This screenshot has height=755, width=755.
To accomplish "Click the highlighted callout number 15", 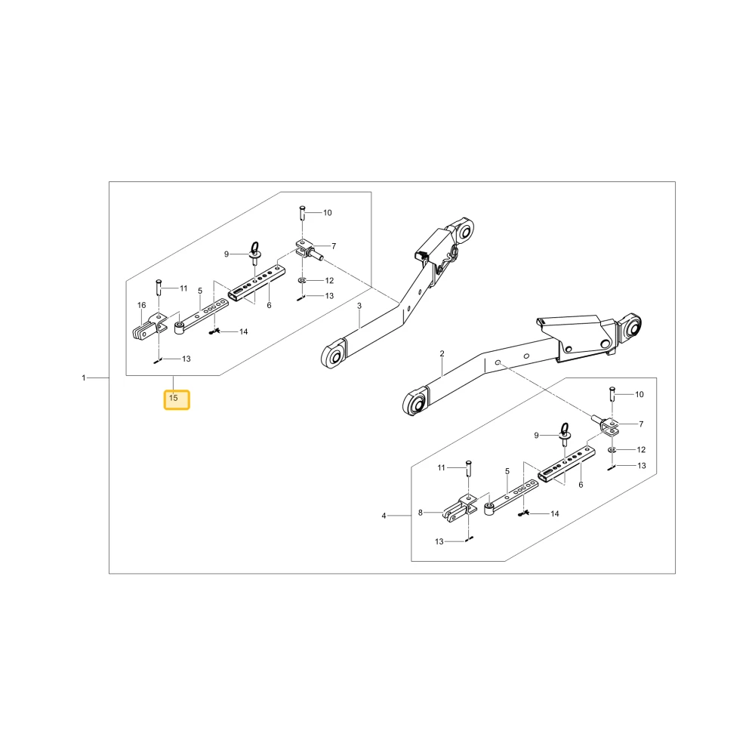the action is (174, 398).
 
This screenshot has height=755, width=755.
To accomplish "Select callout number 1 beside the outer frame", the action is (84, 378).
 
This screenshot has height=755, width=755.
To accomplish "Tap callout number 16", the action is (142, 305).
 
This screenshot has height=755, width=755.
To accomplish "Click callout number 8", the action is (421, 513).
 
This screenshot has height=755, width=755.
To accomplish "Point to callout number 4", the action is (384, 516).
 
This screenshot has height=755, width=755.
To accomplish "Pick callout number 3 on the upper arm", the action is (359, 306).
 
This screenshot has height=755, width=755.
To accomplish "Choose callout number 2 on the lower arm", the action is (442, 354).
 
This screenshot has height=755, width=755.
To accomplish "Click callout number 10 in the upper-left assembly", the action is (328, 213).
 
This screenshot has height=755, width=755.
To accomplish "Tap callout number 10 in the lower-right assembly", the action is (639, 394).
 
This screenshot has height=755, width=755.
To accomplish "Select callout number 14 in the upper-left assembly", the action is (244, 331).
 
